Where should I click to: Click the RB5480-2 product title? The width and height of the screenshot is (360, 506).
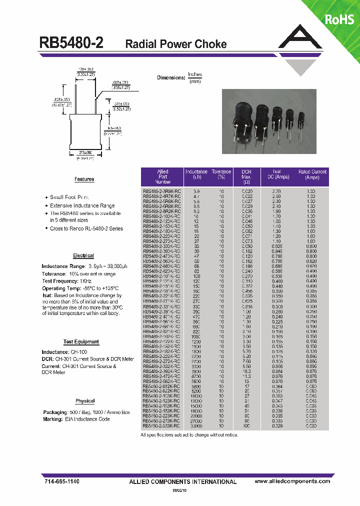(x=71, y=43)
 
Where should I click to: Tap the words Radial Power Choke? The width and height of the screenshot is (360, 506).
(x=175, y=44)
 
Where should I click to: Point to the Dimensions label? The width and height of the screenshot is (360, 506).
(x=171, y=77)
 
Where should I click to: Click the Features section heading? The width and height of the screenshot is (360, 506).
(x=84, y=179)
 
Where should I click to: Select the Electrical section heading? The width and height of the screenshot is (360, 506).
(x=83, y=255)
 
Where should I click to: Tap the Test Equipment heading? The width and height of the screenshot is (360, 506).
(x=81, y=342)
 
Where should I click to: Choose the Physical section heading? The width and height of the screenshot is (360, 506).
(x=85, y=401)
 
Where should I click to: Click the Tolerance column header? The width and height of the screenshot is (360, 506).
(x=221, y=174)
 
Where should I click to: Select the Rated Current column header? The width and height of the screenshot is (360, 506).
(x=312, y=174)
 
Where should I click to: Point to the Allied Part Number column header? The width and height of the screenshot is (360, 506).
(x=162, y=177)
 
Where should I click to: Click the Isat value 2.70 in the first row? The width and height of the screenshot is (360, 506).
(x=276, y=191)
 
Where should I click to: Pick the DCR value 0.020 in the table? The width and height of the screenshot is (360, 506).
(x=247, y=191)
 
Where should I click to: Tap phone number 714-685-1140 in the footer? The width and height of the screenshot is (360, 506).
(x=59, y=481)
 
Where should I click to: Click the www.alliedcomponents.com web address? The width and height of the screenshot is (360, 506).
(x=292, y=481)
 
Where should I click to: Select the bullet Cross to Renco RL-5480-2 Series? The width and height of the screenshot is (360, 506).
(x=86, y=228)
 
